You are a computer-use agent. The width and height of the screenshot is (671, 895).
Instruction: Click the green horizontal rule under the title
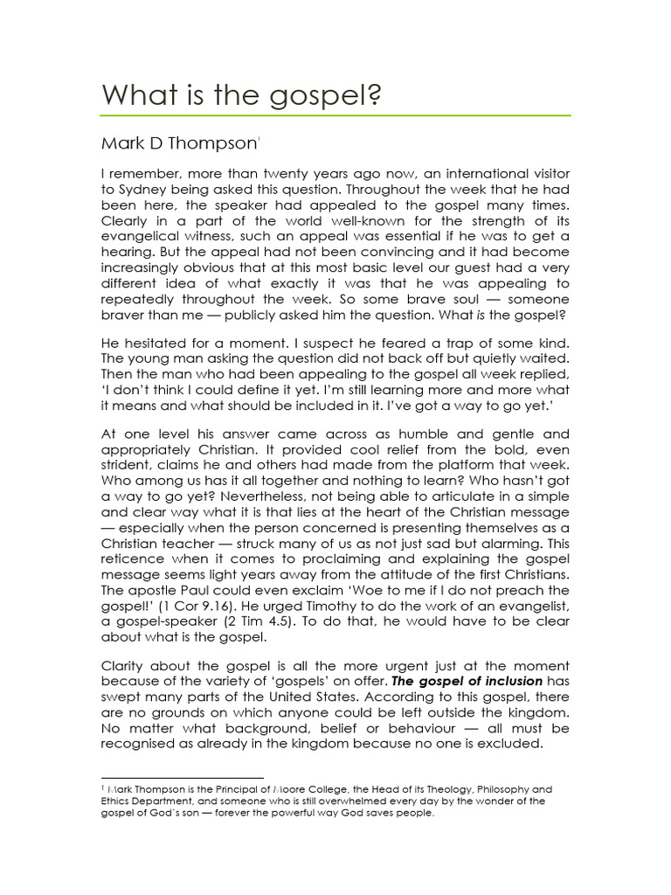tap(336, 115)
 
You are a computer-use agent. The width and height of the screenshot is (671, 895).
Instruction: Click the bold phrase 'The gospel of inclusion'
tap(473, 681)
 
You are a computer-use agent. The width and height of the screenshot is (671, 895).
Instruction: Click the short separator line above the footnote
tap(183, 777)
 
